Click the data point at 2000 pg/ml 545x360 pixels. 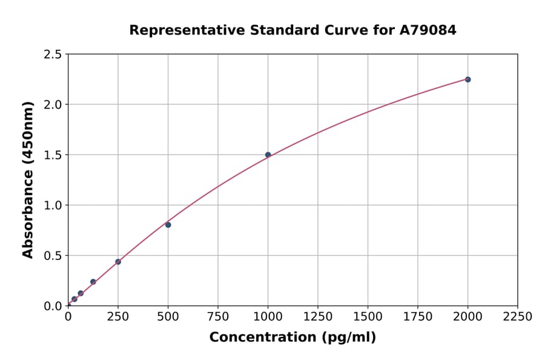467,79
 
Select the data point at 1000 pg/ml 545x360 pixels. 268,155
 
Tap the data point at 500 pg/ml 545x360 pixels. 168,225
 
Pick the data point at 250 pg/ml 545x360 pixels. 118,262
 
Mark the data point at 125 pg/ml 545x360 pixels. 93,282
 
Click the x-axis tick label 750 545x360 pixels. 218,317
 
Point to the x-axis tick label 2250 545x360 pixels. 518,317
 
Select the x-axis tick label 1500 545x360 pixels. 368,317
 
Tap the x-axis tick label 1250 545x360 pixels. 318,317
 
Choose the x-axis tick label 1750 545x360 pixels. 418,317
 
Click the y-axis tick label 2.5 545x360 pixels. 53,55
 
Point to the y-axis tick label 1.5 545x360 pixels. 53,155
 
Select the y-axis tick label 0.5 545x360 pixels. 53,256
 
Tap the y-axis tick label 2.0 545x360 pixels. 53,105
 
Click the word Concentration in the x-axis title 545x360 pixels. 254,338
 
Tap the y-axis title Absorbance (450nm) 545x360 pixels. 28,180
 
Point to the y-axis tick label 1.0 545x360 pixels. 53,205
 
